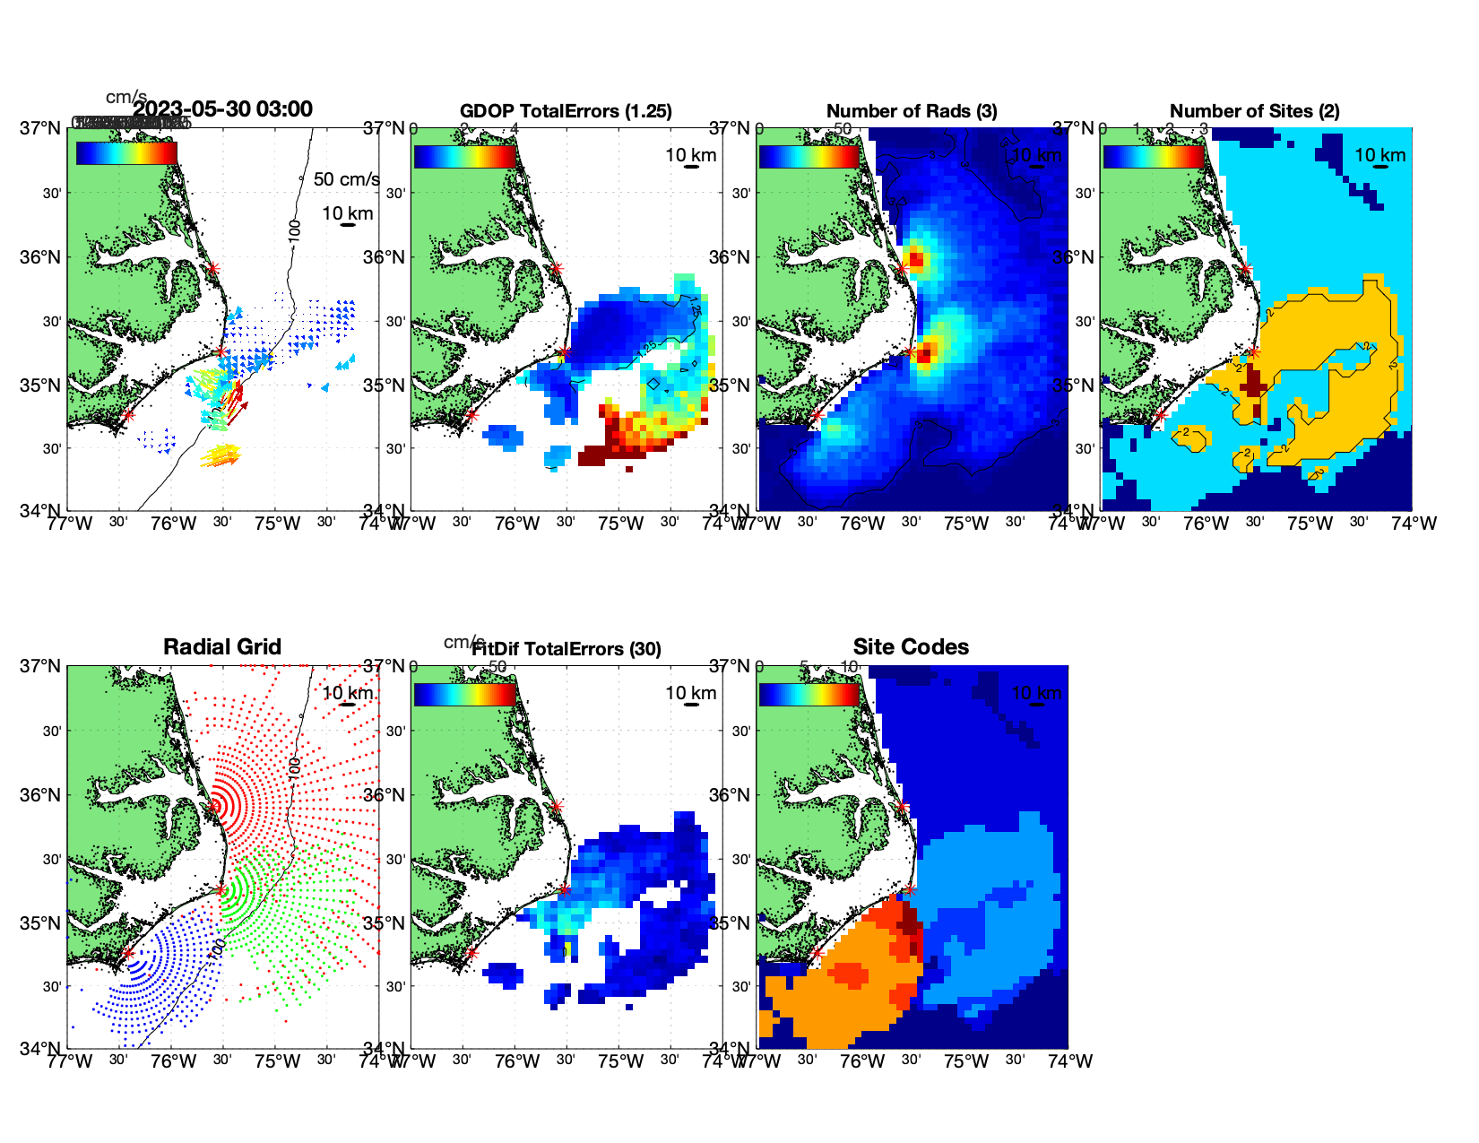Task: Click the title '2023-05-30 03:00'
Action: pyautogui.click(x=222, y=109)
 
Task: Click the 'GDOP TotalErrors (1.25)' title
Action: pyautogui.click(x=566, y=111)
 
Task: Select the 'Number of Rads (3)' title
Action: pyautogui.click(x=912, y=111)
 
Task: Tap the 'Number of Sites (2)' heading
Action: pyautogui.click(x=1254, y=111)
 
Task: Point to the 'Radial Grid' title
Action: pyautogui.click(x=222, y=647)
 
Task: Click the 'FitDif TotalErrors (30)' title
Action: pyautogui.click(x=567, y=649)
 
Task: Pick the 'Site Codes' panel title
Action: pyautogui.click(x=911, y=647)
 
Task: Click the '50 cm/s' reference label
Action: pyautogui.click(x=346, y=179)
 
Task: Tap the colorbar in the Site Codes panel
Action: pyautogui.click(x=809, y=695)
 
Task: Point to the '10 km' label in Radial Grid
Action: pyautogui.click(x=348, y=693)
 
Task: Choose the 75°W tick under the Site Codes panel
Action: pyautogui.click(x=965, y=1061)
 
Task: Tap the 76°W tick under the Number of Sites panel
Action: pyautogui.click(x=1206, y=524)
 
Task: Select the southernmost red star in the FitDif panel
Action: pyautogui.click(x=471, y=953)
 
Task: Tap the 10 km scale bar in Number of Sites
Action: pyautogui.click(x=1380, y=167)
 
